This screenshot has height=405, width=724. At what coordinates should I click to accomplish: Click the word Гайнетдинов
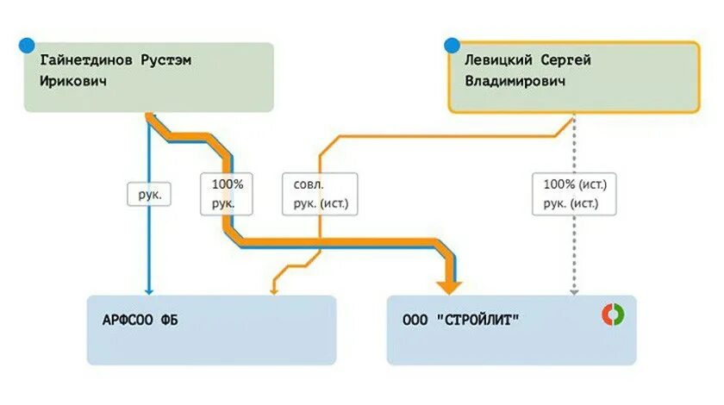coord(84,61)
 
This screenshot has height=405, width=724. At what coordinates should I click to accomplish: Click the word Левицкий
coord(497,61)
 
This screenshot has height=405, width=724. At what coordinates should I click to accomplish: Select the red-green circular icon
coord(613,315)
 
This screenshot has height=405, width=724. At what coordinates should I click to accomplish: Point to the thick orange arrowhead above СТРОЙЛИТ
coord(449,286)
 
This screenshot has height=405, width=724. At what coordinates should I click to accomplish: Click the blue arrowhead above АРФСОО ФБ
coord(149,291)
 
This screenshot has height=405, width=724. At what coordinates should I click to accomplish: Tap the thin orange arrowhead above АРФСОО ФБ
coord(273,291)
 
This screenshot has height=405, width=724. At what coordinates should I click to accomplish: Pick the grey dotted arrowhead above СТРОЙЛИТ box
coord(574,291)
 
